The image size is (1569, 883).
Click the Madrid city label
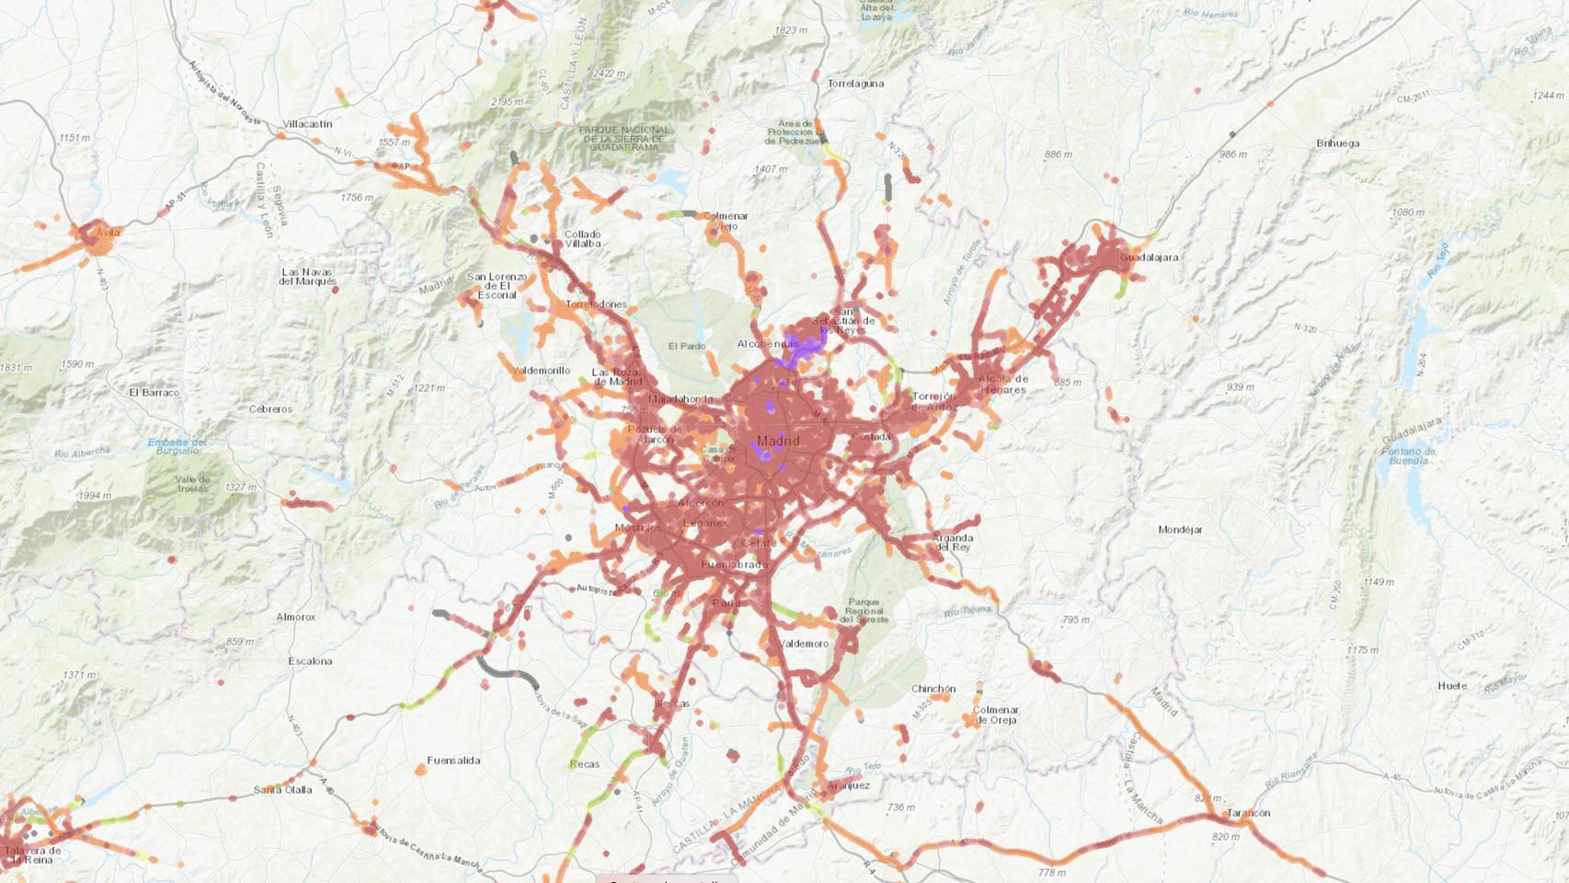[778, 441]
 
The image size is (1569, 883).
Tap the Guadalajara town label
[1149, 258]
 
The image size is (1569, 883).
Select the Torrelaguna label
[855, 84]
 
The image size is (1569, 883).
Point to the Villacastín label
[307, 124]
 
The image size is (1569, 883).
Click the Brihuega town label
[1337, 143]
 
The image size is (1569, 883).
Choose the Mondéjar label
[1180, 530]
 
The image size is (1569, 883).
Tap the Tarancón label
[1248, 813]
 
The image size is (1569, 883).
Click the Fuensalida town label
[453, 761]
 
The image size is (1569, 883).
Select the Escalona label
[310, 661]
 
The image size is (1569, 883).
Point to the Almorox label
[295, 617]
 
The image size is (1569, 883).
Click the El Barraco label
[155, 393]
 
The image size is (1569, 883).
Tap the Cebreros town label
[270, 409]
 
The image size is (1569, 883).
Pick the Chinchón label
[933, 689]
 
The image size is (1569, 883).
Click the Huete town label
[1452, 686]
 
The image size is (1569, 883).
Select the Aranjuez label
[848, 786]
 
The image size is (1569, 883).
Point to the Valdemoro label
[804, 644]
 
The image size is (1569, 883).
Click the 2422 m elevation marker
[609, 74]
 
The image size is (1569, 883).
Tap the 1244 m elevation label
[1548, 96]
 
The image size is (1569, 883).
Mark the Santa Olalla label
[282, 790]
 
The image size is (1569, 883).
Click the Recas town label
[584, 764]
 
